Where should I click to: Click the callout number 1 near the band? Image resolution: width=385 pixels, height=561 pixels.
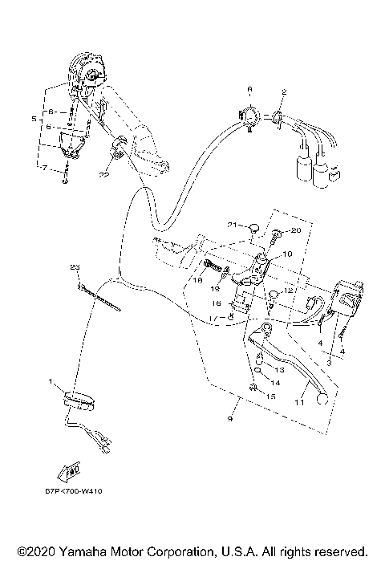(50, 381)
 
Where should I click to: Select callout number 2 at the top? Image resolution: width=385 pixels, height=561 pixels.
(282, 93)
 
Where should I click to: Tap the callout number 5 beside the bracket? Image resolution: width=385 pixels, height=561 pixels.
(34, 119)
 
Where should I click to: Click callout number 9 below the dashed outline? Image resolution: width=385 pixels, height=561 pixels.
(233, 419)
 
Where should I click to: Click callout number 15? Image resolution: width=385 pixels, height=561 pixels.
(271, 397)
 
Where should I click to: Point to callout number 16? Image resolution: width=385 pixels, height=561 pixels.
(217, 304)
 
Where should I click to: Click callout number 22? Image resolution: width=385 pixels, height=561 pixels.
(104, 174)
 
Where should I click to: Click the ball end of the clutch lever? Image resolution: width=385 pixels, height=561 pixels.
(321, 397)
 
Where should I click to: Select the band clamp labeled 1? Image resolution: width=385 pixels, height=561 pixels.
(77, 396)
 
